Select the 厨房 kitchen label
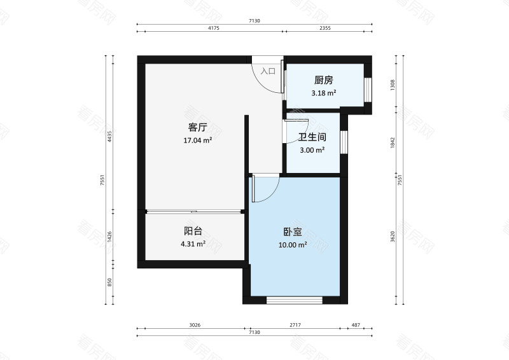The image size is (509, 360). [x=323, y=81]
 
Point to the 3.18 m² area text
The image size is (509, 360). [x=323, y=93]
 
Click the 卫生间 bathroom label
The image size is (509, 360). [x=312, y=137]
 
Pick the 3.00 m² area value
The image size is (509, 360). [x=312, y=150]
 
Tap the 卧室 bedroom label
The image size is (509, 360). [x=293, y=232]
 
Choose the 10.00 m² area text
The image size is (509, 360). [x=293, y=245]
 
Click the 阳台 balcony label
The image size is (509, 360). [x=193, y=231]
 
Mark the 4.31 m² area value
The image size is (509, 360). [x=193, y=244]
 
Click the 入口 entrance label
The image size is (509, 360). [x=268, y=71]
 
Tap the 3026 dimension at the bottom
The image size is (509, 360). [x=195, y=325]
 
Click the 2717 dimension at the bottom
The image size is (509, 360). [x=295, y=325]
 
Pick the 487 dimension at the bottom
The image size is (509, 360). [x=356, y=325]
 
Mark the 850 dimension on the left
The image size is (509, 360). [x=109, y=281]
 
